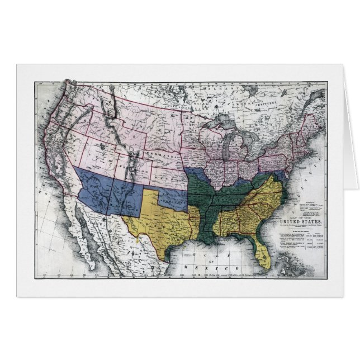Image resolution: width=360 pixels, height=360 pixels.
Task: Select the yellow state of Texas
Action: (162, 221)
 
